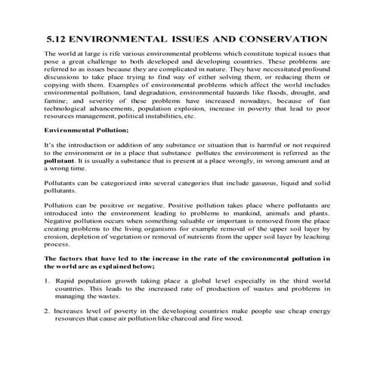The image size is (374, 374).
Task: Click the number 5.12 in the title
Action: (58, 38)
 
